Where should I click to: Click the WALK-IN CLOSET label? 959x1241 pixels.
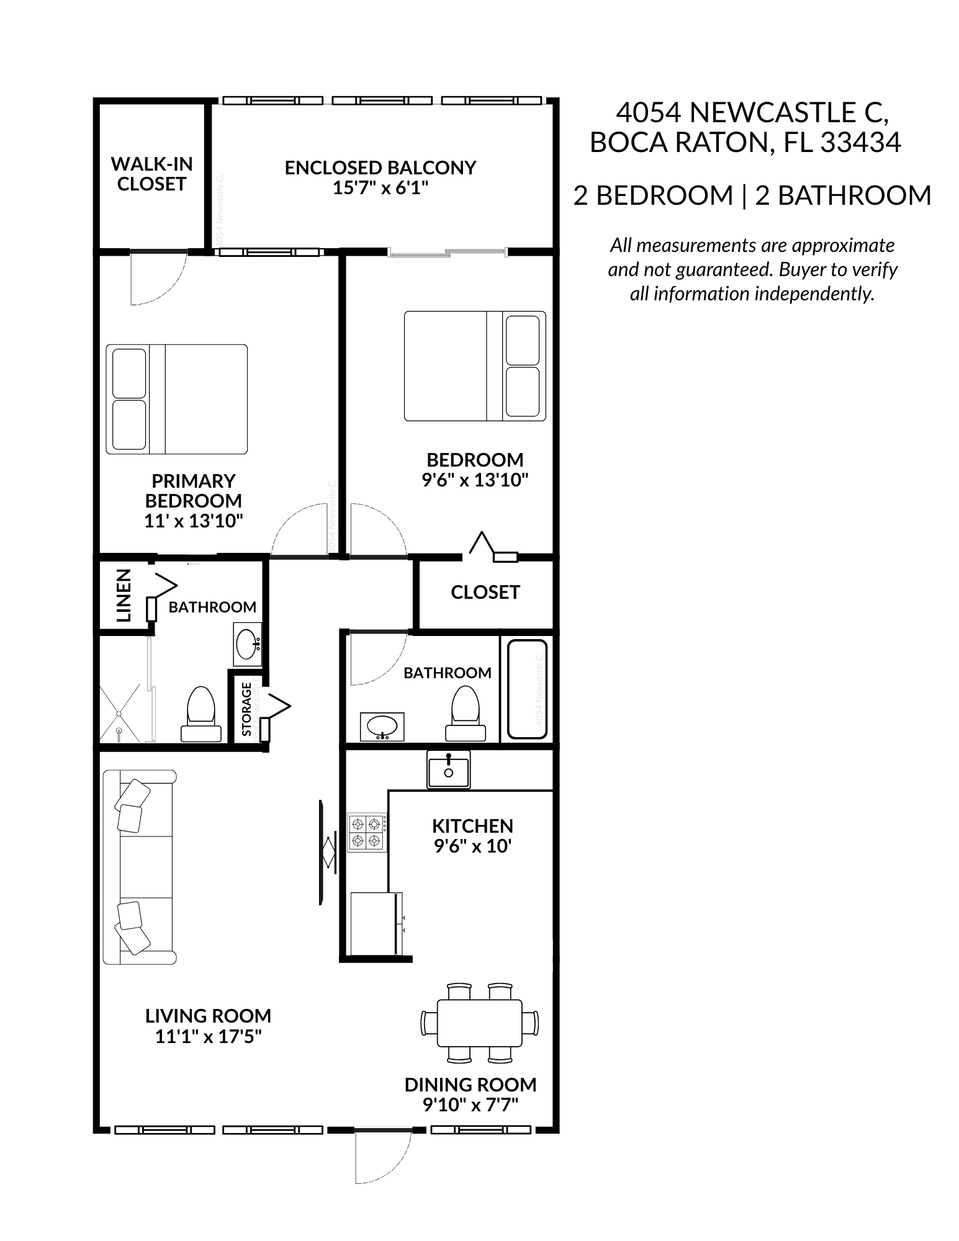point(151,174)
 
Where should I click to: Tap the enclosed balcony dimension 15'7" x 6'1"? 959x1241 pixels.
point(380,188)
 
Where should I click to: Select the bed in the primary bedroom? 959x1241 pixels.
point(177,399)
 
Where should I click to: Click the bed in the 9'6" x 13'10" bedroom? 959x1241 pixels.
point(475,366)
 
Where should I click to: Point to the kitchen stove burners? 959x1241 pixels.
point(366,833)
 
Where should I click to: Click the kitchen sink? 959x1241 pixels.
point(448,769)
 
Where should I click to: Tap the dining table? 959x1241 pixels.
point(479,1022)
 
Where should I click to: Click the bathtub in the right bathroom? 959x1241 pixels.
point(527,688)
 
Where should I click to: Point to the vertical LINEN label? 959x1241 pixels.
point(124,595)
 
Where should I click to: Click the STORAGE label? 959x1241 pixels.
point(247,709)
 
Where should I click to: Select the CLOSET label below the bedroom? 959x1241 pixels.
point(485,593)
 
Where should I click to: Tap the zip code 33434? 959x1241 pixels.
point(860,143)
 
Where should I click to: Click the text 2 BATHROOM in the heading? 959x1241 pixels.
point(843,195)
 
